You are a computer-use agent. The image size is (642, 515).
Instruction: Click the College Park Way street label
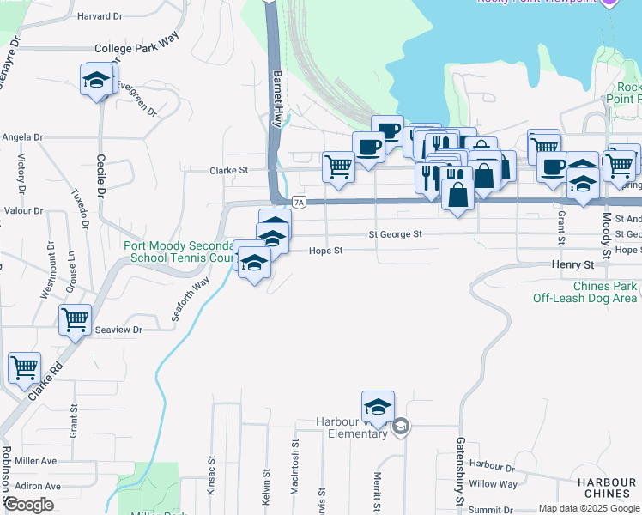(x=136, y=49)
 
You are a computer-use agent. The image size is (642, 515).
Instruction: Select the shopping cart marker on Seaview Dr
(x=75, y=320)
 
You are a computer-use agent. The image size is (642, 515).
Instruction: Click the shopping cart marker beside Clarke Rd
(x=24, y=367)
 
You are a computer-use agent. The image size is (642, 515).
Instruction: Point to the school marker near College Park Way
(x=96, y=81)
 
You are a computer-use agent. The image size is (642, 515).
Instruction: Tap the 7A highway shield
(x=299, y=203)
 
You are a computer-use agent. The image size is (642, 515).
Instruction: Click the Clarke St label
(x=228, y=171)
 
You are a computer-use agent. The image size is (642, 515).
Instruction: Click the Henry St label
(x=572, y=266)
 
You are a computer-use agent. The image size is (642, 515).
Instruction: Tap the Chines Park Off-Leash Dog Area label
(x=584, y=292)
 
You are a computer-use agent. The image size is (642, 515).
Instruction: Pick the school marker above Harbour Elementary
(x=377, y=405)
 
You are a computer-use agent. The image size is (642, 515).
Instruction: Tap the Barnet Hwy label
(x=277, y=99)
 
